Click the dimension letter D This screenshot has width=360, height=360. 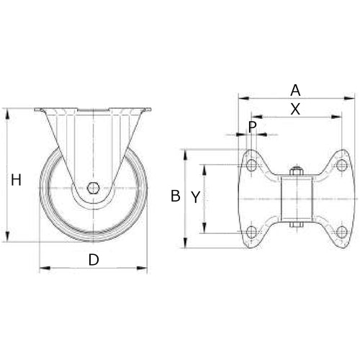93,260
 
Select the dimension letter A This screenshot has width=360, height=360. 294,90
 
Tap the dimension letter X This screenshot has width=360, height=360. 294,109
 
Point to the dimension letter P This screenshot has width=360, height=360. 252,127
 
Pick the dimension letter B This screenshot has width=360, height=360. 175,195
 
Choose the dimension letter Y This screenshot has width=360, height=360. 194,195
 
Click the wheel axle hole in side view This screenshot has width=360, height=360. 93,189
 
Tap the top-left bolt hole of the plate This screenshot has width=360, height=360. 251,166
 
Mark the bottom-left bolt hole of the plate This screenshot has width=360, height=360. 251,231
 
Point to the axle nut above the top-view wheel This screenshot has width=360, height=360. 295,171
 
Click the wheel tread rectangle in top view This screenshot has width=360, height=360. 295,199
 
